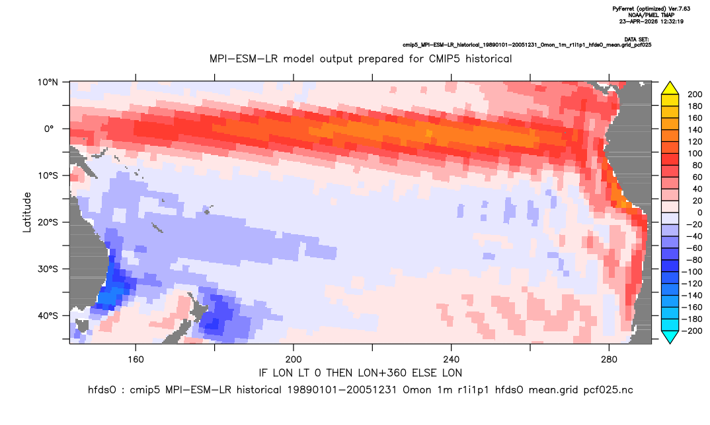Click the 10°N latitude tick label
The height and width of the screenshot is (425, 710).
48,82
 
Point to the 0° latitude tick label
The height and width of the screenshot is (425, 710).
49,129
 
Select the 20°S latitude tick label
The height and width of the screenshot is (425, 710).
48,222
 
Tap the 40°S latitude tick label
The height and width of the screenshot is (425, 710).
48,315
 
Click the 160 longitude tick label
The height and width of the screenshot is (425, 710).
136,360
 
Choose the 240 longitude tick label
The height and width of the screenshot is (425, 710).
452,360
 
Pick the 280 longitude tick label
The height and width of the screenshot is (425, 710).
609,360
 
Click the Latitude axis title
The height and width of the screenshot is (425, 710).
27,212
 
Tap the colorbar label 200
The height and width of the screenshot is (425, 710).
695,94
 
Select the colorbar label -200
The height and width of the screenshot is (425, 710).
693,331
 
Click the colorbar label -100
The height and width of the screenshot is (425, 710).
693,272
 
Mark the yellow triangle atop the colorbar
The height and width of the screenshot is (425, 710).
670,88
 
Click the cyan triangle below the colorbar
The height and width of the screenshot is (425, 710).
670,337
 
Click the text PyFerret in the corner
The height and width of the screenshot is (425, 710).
623,9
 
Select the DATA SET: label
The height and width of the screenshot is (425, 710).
636,40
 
